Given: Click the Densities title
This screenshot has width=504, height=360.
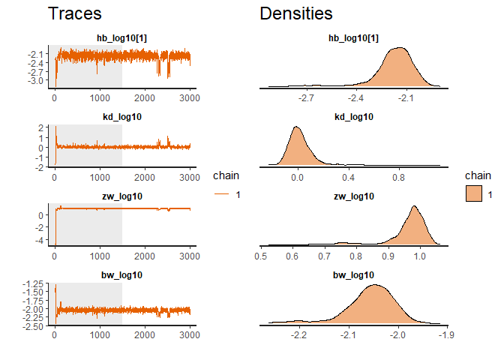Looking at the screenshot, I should click(296, 13).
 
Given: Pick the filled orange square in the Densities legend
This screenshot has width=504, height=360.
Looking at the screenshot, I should click(473, 194).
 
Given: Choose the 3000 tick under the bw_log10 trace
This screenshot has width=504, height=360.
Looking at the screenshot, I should click(190, 336).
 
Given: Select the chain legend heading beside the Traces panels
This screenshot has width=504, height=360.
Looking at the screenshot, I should click(225, 176).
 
